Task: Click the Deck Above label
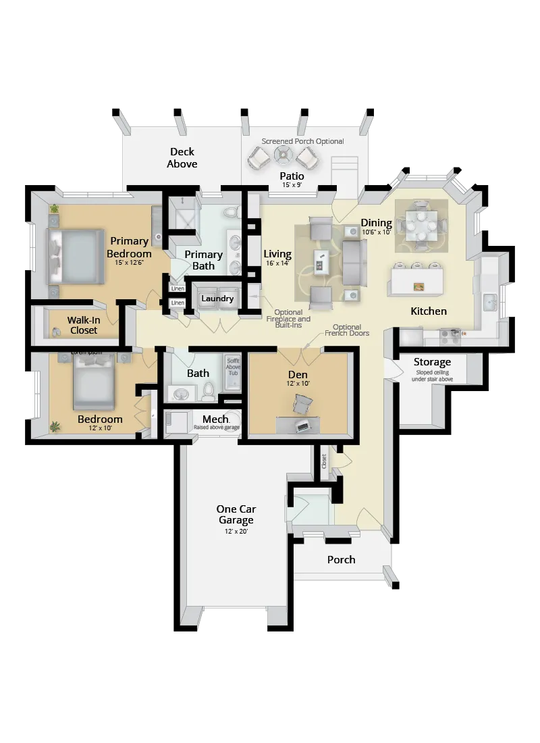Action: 182,158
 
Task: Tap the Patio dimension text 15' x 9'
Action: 293,185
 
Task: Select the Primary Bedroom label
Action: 129,247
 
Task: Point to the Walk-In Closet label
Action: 83,325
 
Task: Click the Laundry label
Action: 217,299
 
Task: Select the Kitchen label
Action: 429,311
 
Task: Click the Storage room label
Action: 432,362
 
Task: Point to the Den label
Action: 298,375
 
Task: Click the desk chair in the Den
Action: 303,404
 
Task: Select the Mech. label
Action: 215,419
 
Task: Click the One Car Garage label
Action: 236,514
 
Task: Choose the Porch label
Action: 341,559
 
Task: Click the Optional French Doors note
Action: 347,330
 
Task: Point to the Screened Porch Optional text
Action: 302,141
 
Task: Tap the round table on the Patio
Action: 282,156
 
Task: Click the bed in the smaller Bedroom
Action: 94,381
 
